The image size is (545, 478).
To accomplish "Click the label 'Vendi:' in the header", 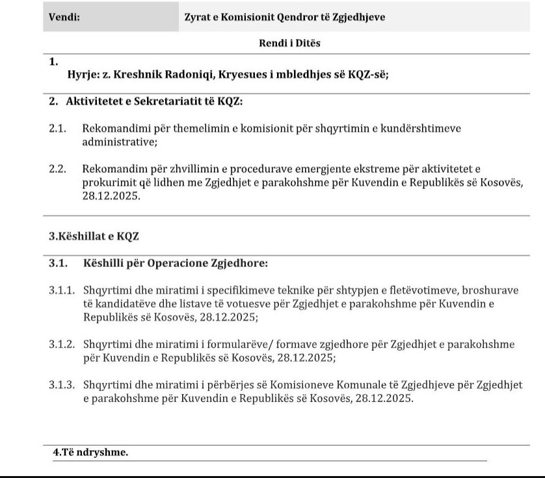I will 64,18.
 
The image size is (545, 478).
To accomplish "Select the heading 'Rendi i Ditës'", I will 289,44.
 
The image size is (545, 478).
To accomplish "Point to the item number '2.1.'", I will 58,129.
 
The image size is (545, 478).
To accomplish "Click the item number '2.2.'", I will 58,169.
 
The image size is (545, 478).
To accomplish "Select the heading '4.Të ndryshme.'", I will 90,453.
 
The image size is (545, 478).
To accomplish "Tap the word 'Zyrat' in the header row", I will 198,18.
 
